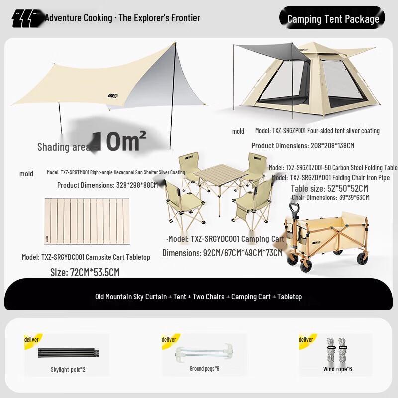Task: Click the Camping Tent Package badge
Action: (332, 19)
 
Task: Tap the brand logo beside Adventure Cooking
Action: (28, 19)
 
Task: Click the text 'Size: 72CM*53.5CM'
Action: (85, 272)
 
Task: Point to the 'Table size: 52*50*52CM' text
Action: (329, 188)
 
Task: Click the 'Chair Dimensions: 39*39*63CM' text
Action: (330, 198)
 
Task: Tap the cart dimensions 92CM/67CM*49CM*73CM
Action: (222, 253)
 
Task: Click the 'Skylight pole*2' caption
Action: (68, 370)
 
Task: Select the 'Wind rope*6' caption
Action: (337, 369)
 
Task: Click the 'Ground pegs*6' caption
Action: (204, 368)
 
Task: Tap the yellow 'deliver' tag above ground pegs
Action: (169, 339)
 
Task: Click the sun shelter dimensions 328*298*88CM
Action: (107, 185)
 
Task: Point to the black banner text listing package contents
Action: (199, 297)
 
